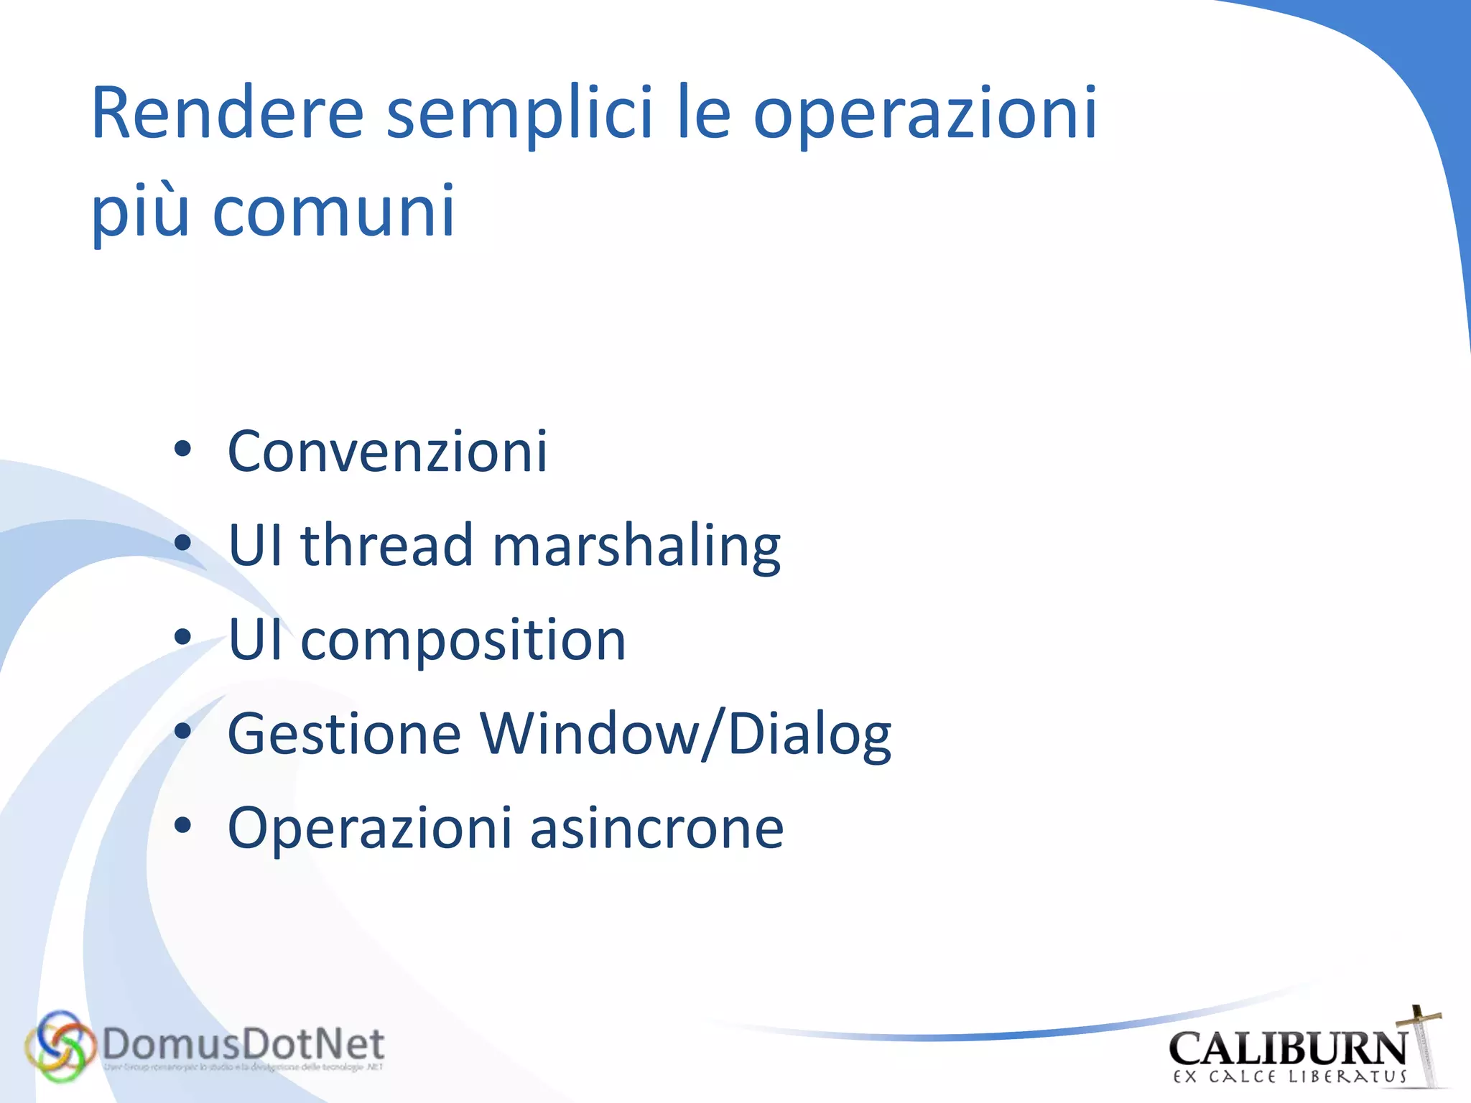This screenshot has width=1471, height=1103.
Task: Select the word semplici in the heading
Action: (x=519, y=113)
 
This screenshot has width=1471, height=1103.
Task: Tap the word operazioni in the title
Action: (x=924, y=113)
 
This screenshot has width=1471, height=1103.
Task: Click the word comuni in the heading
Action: (x=334, y=212)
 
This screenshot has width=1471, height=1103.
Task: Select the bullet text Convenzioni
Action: (x=387, y=451)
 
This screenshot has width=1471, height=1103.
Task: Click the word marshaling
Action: (x=636, y=546)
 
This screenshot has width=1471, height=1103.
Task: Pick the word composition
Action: (x=463, y=640)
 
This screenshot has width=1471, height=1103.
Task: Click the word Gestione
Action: (x=344, y=734)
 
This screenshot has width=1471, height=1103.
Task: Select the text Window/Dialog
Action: (x=685, y=734)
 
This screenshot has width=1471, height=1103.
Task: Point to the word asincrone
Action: (x=656, y=828)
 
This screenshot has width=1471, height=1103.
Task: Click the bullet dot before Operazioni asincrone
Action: (x=182, y=827)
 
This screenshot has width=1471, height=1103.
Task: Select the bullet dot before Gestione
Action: (x=182, y=732)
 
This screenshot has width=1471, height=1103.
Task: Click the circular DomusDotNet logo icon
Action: (x=60, y=1046)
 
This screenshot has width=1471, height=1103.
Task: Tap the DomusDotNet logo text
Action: (x=243, y=1044)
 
